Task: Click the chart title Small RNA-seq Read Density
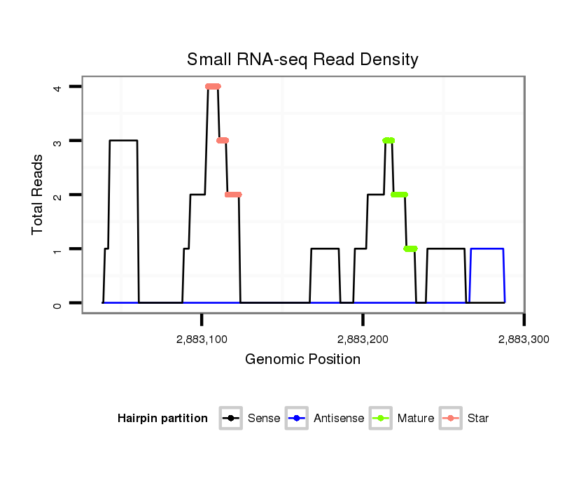point(302,59)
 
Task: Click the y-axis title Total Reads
point(38,194)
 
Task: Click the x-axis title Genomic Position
point(302,360)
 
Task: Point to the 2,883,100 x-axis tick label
point(202,339)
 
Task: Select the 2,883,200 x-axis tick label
point(363,339)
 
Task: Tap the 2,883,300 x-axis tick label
point(524,339)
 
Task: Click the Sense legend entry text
point(264,419)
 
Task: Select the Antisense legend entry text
point(339,419)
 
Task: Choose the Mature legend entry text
point(416,419)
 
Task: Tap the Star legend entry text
point(479,419)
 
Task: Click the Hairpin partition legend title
point(162,419)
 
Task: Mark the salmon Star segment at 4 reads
point(213,86)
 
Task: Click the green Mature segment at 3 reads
point(388,141)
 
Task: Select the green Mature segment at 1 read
point(410,248)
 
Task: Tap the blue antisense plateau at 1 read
point(487,248)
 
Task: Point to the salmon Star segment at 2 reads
point(233,195)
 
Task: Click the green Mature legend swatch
point(383,419)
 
